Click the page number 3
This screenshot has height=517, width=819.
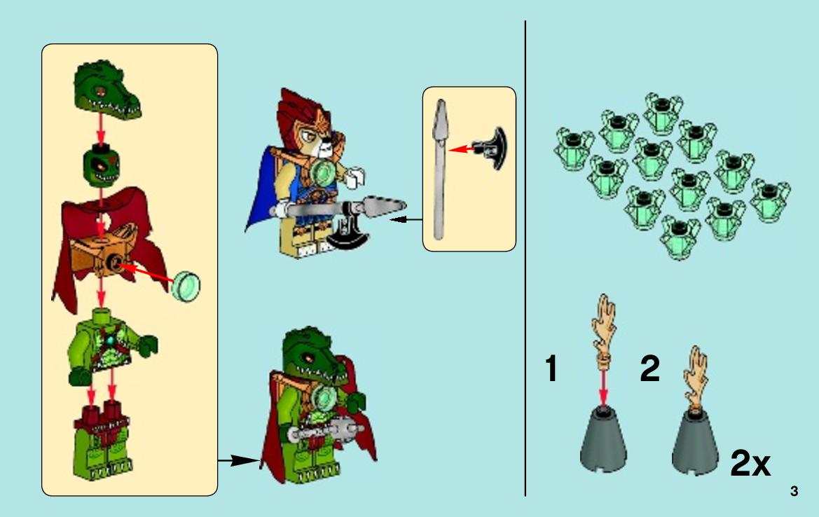794,491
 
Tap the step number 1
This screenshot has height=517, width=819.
551,368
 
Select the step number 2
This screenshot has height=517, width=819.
649,368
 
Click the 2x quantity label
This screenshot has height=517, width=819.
750,462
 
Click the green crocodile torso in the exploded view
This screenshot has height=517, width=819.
110,345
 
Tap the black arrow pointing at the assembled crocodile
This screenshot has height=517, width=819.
239,460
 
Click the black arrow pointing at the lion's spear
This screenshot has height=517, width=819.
406,220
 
